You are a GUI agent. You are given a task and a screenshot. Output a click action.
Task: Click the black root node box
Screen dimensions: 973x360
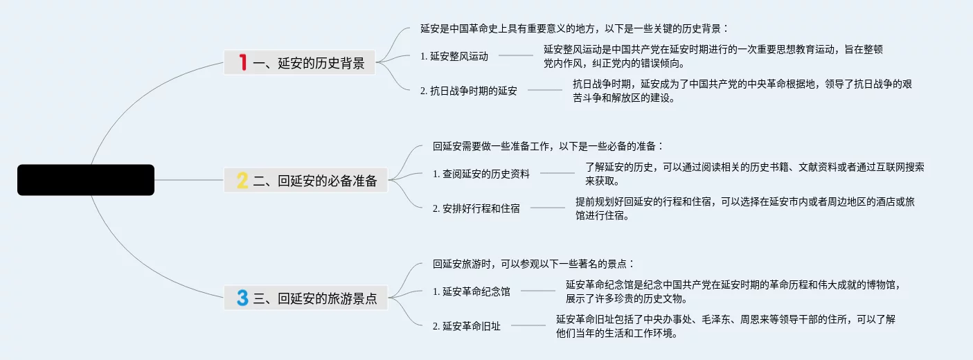[86, 180]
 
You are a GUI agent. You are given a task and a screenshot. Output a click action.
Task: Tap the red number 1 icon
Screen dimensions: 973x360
[242, 63]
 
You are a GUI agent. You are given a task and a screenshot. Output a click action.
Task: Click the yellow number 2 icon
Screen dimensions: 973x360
[242, 181]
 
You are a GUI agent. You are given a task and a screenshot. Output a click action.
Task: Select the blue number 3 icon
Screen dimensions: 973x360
[242, 298]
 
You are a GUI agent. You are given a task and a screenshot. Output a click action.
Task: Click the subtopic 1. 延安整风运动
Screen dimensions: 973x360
[454, 56]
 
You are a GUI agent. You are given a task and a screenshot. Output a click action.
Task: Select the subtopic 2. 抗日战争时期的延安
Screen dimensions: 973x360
[469, 91]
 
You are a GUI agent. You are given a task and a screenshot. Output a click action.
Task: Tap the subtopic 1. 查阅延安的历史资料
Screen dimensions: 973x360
[481, 174]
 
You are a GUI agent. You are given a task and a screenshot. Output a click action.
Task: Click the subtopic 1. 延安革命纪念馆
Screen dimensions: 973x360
[472, 291]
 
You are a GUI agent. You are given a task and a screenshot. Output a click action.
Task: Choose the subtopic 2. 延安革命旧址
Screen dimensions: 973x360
[467, 326]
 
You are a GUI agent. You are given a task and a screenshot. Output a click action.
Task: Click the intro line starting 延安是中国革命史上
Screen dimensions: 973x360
[574, 28]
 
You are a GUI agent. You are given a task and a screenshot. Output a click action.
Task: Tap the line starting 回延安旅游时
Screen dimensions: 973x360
[533, 264]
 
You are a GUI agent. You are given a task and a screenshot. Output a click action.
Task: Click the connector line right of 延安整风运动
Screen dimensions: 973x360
[516, 55]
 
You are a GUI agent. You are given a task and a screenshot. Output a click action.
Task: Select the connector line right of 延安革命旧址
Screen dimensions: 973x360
[528, 325]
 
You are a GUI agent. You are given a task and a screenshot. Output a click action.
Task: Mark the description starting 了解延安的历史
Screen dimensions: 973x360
[754, 174]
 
